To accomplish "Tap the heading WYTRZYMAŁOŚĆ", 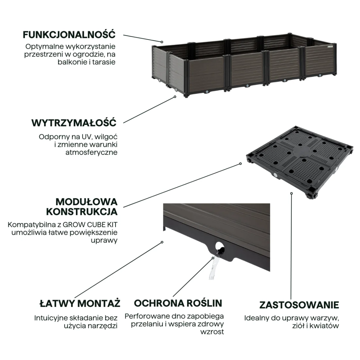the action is pos(74,123).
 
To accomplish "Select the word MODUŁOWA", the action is pos(86,202).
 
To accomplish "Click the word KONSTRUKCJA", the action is pos(82,212).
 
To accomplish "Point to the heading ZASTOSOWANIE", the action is pos(299,305).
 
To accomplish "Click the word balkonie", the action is pos(72,62).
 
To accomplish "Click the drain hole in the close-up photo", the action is pos(220,247).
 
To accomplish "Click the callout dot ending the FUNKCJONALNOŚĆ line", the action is pos(162,42).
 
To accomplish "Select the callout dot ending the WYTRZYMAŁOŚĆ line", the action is pos(175,97).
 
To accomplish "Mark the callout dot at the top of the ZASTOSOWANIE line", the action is pos(291,193).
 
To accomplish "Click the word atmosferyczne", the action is pos(91,153).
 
